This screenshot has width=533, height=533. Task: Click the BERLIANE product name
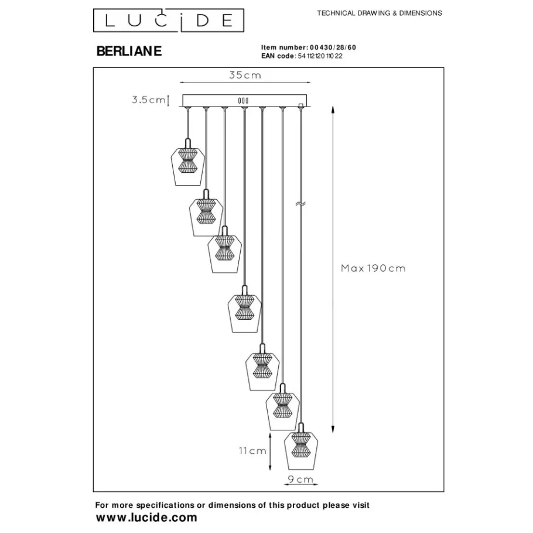[x=128, y=52]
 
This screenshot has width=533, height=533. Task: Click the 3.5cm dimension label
[x=148, y=100]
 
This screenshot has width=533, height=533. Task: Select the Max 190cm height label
[x=373, y=268]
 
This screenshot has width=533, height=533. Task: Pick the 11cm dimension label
[x=253, y=451]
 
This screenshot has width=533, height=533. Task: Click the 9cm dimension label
[x=300, y=480]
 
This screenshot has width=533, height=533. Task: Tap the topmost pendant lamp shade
[x=186, y=166]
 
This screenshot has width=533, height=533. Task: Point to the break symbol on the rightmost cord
[x=301, y=204]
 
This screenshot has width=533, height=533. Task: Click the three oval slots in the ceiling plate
[x=244, y=101]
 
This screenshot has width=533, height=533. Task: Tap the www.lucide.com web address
[x=146, y=517]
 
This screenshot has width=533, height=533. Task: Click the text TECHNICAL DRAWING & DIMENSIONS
[x=380, y=13]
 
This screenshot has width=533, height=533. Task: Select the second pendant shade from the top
[x=205, y=216]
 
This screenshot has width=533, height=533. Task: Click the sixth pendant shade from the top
[x=282, y=409]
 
